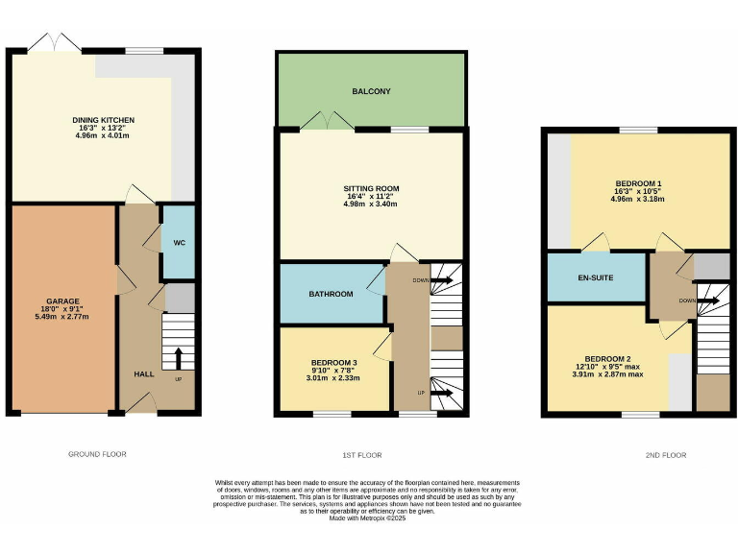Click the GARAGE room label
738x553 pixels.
click(62, 301)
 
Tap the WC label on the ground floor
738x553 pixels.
click(179, 243)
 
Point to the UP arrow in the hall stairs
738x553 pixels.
click(177, 359)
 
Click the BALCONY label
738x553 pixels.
click(371, 91)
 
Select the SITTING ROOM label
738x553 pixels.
click(371, 188)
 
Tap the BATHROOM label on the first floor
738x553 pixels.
click(330, 293)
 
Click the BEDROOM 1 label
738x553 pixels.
click(638, 183)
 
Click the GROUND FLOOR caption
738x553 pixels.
click(97, 454)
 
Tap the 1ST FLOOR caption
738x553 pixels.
click(361, 454)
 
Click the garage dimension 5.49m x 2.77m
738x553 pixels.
click(62, 317)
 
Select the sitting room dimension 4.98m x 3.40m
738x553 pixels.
click(371, 204)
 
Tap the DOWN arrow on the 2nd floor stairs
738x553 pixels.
click(711, 301)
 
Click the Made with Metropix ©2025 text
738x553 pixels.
click(369, 518)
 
